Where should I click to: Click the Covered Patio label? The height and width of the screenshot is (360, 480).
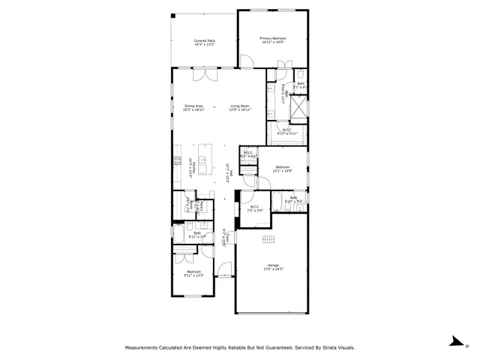click(204, 43)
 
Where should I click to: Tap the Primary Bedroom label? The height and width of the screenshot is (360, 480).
click(273, 40)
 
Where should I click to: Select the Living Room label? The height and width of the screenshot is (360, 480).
click(240, 107)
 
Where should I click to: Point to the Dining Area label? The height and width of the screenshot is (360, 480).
click(194, 107)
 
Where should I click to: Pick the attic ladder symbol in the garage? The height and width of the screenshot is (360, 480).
click(268, 239)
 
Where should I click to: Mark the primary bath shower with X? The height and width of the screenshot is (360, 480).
click(298, 109)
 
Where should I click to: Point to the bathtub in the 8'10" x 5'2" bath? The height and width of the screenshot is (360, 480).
click(277, 201)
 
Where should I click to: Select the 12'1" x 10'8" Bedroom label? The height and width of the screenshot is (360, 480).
click(283, 169)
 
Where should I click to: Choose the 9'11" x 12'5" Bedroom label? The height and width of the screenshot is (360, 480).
click(194, 274)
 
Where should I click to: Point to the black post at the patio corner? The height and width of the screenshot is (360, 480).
click(172, 16)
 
